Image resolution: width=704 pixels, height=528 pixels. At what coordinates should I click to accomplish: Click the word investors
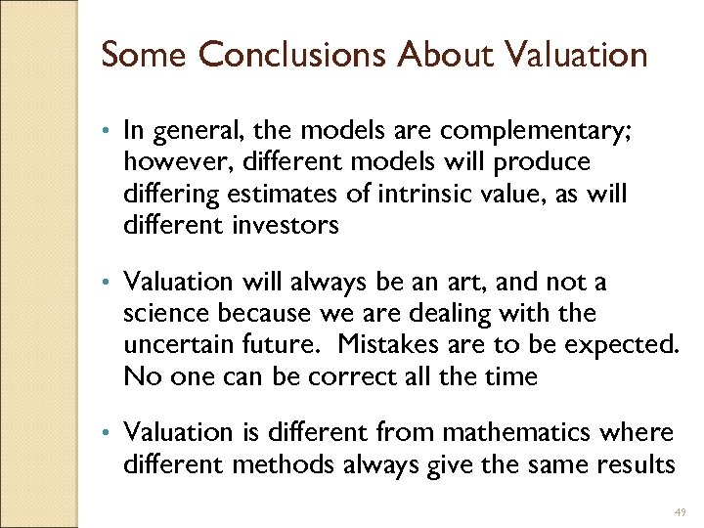click(286, 226)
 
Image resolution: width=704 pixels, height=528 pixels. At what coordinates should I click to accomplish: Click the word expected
click(622, 345)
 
